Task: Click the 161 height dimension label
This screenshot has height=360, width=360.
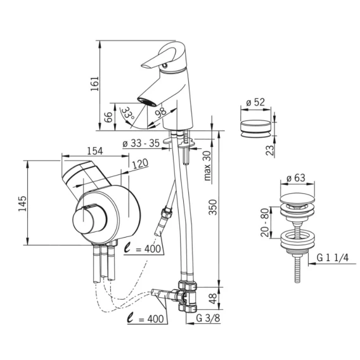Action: [94, 84]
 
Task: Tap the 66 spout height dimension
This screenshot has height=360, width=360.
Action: [108, 117]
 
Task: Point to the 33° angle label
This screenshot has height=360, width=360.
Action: [127, 113]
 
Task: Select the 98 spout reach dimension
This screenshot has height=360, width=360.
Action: [160, 112]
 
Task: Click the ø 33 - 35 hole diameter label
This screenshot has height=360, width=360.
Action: [141, 143]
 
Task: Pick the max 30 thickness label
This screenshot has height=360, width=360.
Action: [207, 165]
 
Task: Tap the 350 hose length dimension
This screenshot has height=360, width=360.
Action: [212, 207]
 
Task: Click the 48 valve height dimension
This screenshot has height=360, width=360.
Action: [213, 299]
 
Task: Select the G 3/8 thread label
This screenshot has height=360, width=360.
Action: [208, 318]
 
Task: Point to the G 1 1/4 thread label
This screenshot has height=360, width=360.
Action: [333, 258]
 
